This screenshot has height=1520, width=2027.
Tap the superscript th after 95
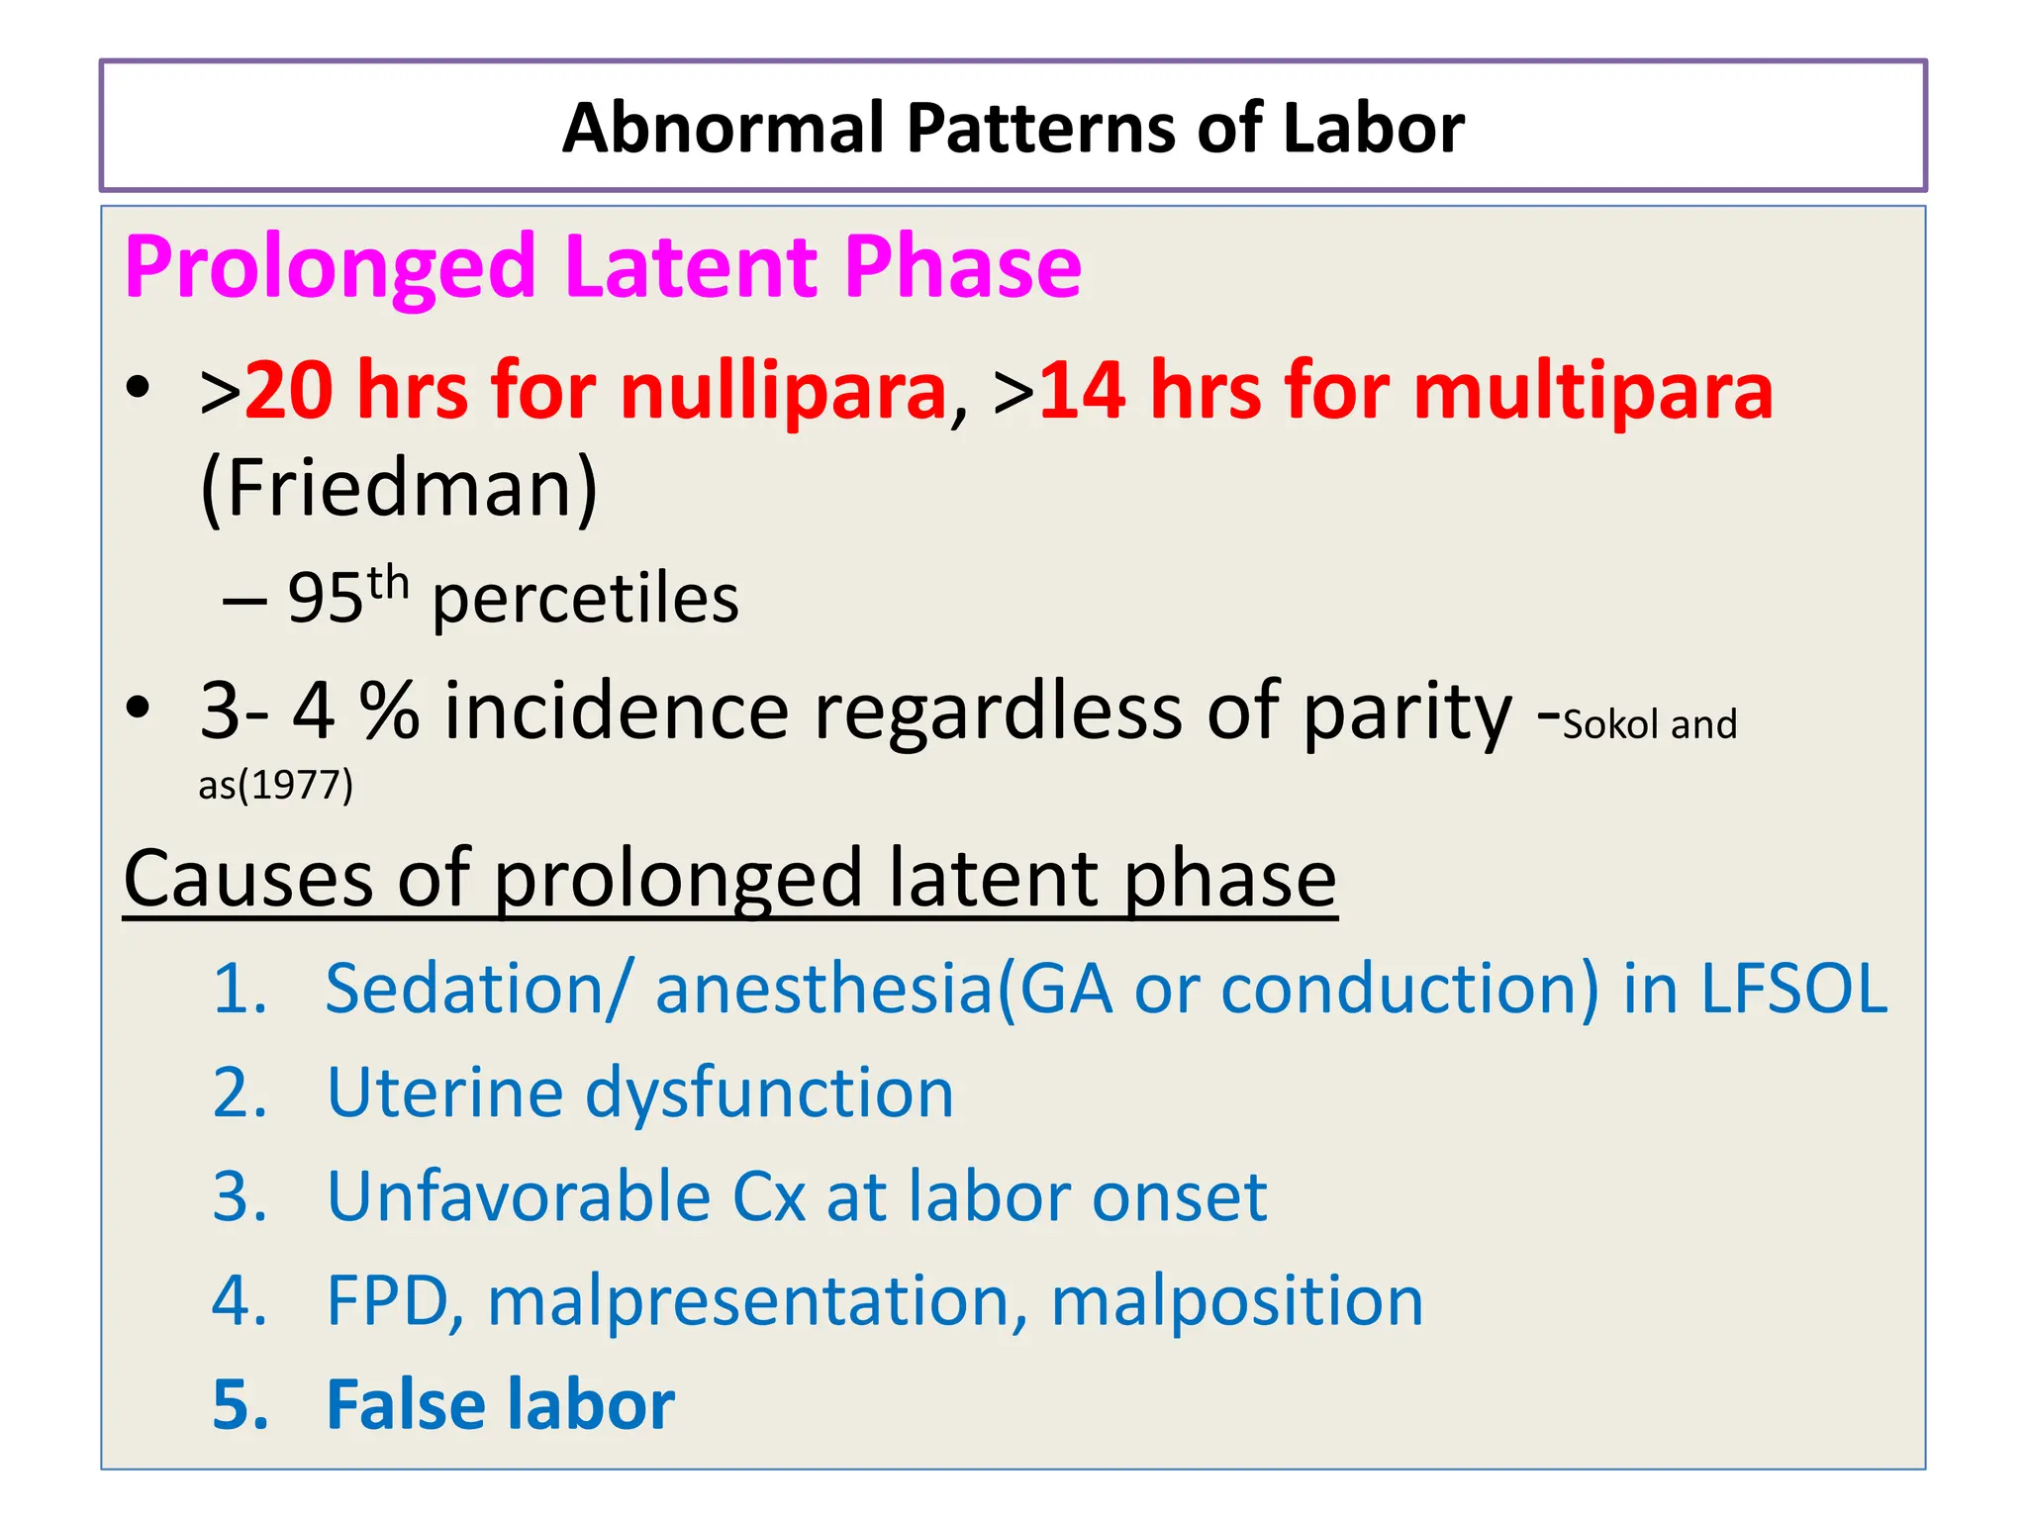pos(389,584)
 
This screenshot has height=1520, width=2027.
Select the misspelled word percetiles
pos(586,600)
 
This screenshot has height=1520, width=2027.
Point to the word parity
pos(1406,712)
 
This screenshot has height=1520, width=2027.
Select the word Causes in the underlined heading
pos(248,878)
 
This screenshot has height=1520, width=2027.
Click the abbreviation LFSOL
pos(1793,989)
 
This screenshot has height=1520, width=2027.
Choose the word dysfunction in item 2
pos(769,1093)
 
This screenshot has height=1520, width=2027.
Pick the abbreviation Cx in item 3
pos(768,1196)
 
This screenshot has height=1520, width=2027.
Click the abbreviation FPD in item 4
pos(389,1300)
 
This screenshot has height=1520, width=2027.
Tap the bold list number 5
pos(241,1404)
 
